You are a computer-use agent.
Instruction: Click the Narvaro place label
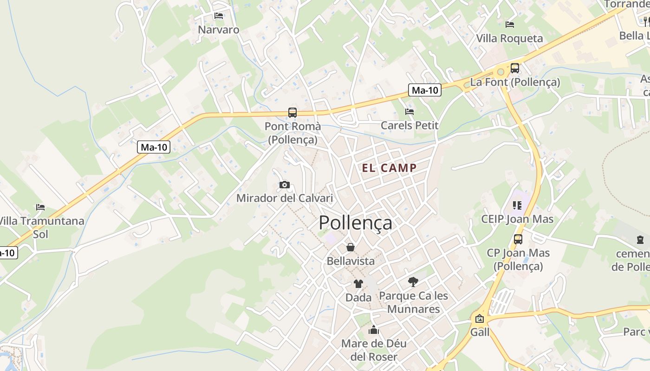[x=219, y=30]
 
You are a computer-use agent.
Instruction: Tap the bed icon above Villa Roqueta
[x=510, y=25]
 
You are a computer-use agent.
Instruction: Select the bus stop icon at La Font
[x=515, y=68]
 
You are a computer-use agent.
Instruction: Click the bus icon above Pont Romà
[x=292, y=112]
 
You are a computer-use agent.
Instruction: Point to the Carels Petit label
[x=409, y=125]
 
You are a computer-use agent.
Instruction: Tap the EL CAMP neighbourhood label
[x=390, y=168]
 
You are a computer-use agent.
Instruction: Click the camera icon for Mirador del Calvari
[x=285, y=185]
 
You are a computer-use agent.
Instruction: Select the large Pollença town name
[x=355, y=223]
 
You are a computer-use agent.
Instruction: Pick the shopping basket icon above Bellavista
[x=351, y=247]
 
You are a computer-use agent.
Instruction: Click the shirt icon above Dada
[x=358, y=284]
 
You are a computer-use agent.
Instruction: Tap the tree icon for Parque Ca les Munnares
[x=413, y=281]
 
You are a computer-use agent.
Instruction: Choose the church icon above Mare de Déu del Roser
[x=374, y=330]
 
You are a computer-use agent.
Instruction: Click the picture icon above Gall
[x=480, y=319]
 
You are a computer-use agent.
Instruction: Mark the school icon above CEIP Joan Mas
[x=517, y=205]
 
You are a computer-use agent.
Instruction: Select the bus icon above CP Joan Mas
[x=518, y=239]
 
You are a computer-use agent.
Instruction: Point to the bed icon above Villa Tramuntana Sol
[x=40, y=207]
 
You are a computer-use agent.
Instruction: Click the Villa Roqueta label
[x=510, y=38]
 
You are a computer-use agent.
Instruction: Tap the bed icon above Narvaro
[x=219, y=16]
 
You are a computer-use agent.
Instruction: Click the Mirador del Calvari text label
[x=285, y=198]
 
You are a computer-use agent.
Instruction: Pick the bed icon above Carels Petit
[x=409, y=112]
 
